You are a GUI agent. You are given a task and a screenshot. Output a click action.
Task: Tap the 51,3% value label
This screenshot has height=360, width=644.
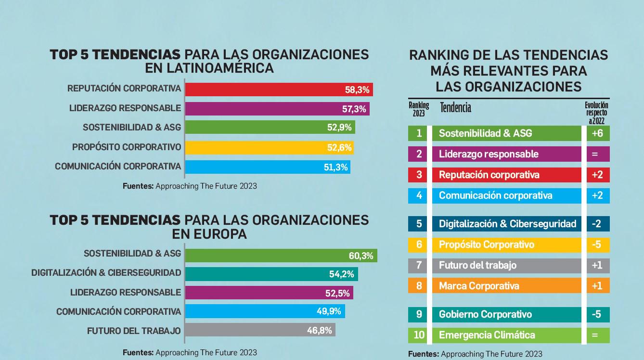click(x=335, y=167)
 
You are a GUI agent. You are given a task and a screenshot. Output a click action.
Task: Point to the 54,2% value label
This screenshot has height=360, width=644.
click(x=342, y=274)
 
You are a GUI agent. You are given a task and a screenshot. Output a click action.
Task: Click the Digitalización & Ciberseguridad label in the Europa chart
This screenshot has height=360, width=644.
click(x=106, y=273)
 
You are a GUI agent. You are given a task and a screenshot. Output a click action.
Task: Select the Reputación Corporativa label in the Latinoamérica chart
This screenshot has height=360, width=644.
click(x=124, y=89)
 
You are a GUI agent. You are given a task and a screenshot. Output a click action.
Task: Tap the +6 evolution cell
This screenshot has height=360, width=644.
click(x=597, y=133)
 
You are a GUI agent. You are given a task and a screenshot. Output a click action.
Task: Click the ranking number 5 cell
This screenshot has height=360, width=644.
click(x=419, y=224)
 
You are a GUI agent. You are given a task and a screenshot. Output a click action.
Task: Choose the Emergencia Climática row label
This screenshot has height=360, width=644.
click(x=487, y=335)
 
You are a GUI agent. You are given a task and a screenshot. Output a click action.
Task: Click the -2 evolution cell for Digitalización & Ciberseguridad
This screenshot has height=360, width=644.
click(x=597, y=224)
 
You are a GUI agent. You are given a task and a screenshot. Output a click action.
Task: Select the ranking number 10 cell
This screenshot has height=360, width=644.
click(x=419, y=335)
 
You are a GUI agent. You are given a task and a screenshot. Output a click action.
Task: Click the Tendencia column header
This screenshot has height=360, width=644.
click(x=455, y=107)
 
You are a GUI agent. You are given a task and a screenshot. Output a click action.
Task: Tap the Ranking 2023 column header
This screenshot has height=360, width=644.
click(x=418, y=110)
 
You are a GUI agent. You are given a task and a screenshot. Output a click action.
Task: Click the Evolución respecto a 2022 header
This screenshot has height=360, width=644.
click(x=596, y=113)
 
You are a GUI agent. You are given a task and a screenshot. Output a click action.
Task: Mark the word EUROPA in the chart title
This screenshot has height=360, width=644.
click(x=209, y=234)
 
